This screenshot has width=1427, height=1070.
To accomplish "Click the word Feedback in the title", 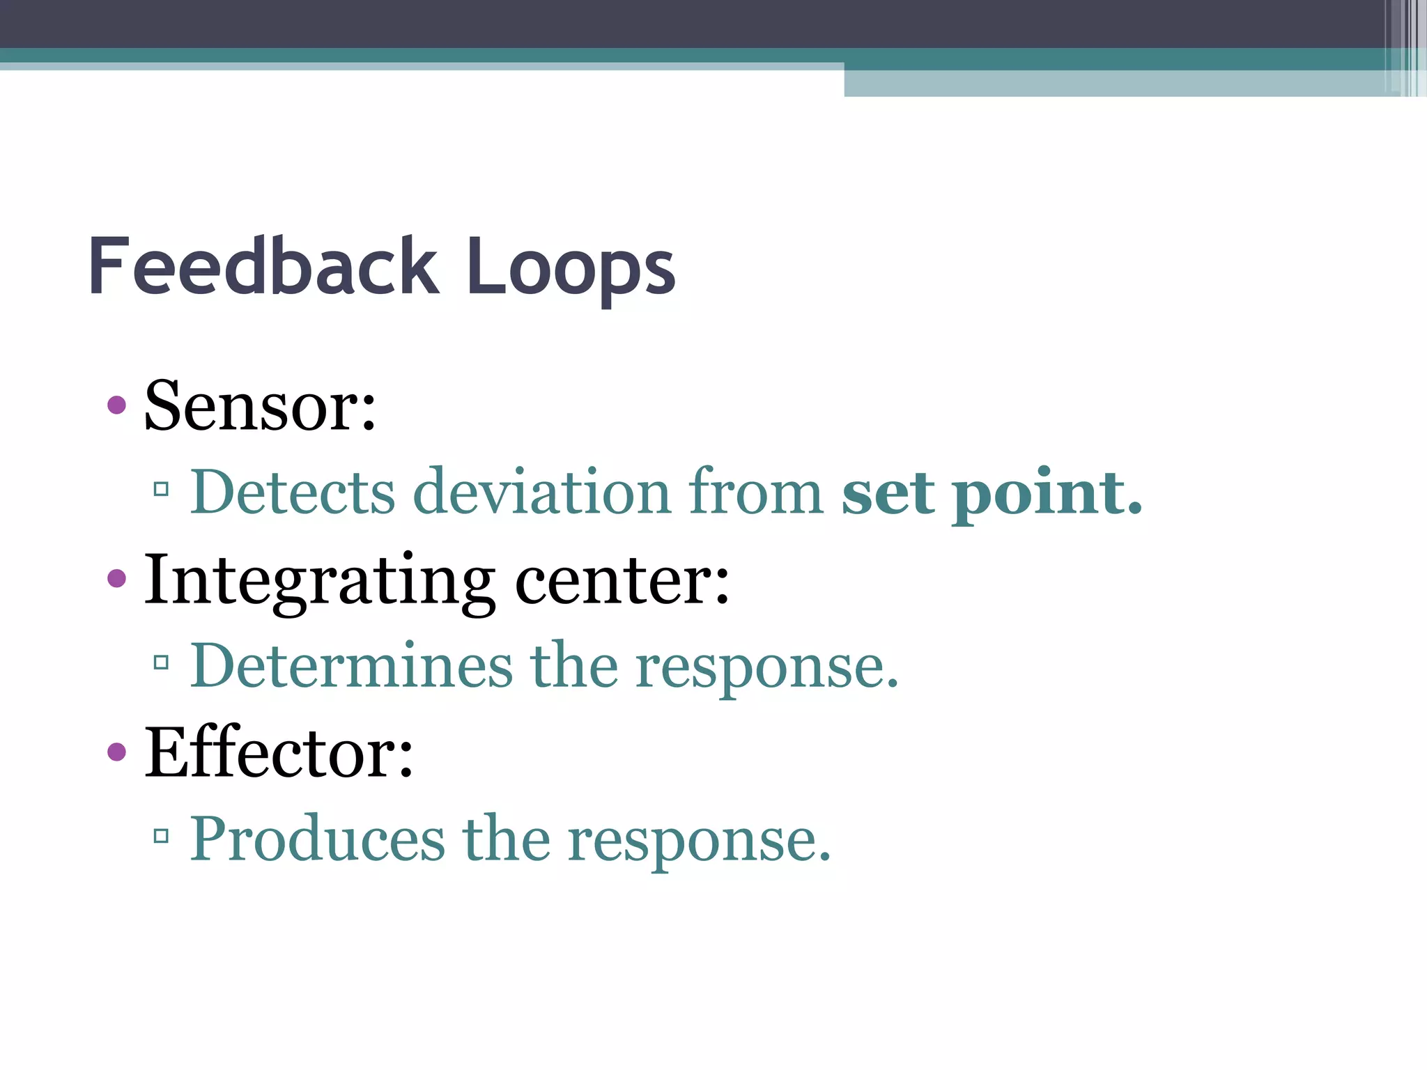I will (x=263, y=267).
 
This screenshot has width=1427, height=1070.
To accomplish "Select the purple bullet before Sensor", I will (x=117, y=405).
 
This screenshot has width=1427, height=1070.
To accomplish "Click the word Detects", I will (x=293, y=493).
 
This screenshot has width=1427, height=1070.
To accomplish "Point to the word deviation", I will (x=542, y=493).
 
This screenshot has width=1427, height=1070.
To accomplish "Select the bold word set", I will (x=888, y=493).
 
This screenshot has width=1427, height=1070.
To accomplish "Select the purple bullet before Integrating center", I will (x=117, y=577).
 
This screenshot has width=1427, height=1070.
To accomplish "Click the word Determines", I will (x=351, y=666).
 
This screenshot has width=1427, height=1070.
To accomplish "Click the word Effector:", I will (x=279, y=753).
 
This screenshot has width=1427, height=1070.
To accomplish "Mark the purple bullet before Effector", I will (x=117, y=751).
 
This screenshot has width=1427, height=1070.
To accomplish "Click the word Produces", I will (x=317, y=839).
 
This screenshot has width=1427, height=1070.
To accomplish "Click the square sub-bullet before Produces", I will (x=162, y=835).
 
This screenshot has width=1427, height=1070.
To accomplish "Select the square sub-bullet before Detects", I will (x=162, y=489).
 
